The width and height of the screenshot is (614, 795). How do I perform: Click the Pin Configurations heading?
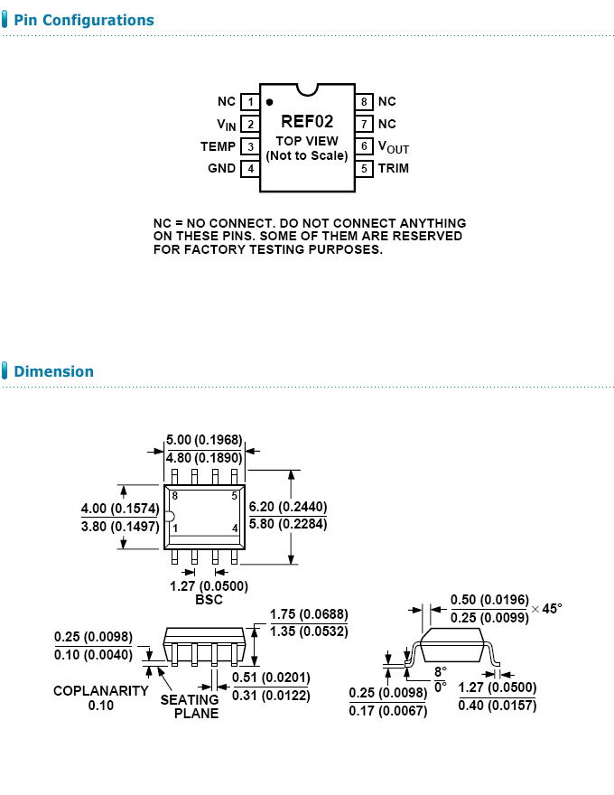(x=84, y=20)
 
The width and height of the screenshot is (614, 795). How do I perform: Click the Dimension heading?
(x=53, y=371)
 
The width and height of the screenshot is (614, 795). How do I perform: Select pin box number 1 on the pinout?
(x=250, y=102)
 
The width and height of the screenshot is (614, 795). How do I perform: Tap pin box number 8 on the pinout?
(x=364, y=102)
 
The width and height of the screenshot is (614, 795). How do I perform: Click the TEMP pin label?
(x=218, y=146)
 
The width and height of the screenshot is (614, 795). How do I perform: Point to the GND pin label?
(x=221, y=168)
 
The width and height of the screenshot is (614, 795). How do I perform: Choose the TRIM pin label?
(x=394, y=168)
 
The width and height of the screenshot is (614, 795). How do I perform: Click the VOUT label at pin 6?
(x=394, y=147)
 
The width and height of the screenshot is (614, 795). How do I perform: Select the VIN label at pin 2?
(x=226, y=125)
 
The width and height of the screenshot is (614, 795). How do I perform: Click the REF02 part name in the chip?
(x=307, y=122)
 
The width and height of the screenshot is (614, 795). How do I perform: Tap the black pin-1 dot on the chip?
(x=269, y=102)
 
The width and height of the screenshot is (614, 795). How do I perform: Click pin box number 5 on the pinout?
(x=364, y=168)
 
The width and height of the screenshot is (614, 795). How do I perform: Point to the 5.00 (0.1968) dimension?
(x=205, y=440)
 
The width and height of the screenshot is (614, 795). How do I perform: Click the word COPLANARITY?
(x=100, y=691)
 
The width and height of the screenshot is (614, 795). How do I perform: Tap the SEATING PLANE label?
(x=190, y=706)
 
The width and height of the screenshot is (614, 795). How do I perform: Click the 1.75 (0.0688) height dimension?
(x=309, y=615)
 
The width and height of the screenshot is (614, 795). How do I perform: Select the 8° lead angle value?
(x=440, y=672)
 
